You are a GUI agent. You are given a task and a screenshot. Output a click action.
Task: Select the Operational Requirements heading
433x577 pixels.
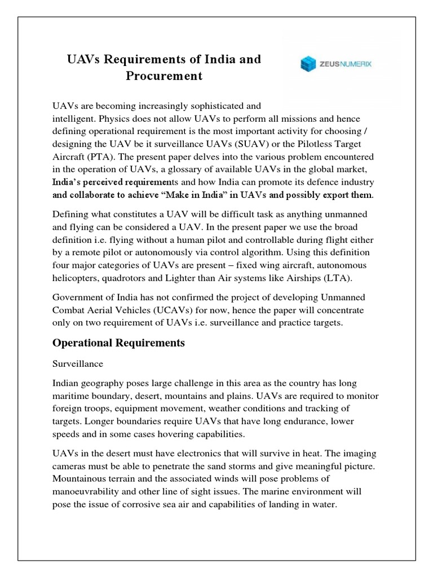tap(118, 343)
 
